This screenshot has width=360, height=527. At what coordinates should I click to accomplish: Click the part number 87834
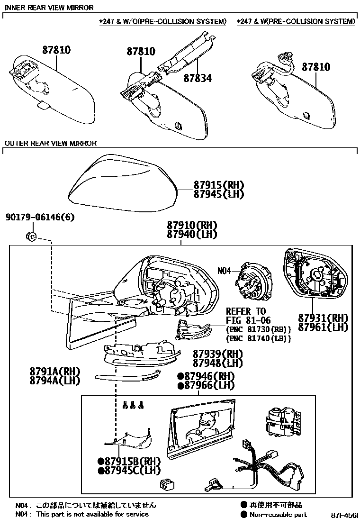(x=197, y=78)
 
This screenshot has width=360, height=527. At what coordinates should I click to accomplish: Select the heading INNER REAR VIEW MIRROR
(x=49, y=8)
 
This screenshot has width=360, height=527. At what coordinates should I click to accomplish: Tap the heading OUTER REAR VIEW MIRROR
(x=50, y=143)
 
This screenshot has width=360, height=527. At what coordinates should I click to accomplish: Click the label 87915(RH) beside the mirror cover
(x=218, y=185)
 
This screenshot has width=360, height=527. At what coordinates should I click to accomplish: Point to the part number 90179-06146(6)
(x=40, y=218)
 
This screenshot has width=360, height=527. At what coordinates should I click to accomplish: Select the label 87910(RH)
(x=191, y=225)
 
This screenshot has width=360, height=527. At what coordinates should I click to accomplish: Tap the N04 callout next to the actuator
(x=224, y=271)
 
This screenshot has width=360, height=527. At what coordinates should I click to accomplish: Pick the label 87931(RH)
(x=323, y=318)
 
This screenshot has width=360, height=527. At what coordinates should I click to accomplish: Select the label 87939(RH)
(x=217, y=354)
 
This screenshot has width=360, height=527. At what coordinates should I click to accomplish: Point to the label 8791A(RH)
(x=54, y=371)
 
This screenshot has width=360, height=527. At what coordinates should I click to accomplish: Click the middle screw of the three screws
(x=133, y=405)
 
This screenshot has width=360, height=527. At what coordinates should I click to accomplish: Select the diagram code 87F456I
(x=344, y=515)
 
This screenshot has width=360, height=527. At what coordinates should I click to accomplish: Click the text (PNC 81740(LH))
(x=258, y=338)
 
